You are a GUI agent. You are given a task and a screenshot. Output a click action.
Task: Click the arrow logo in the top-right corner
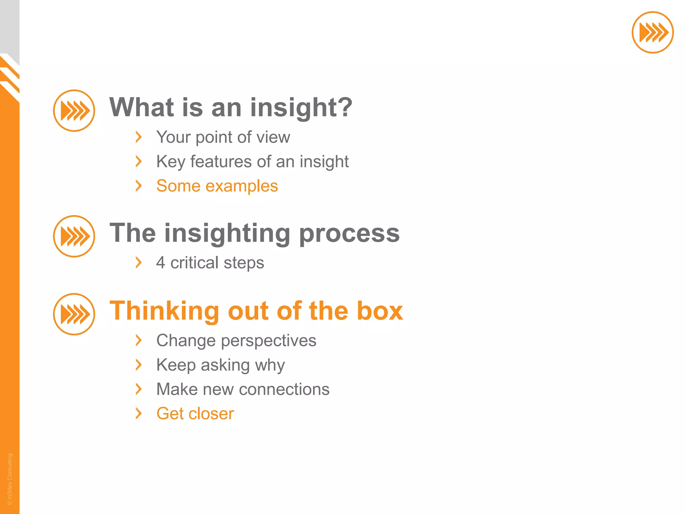coord(652,32)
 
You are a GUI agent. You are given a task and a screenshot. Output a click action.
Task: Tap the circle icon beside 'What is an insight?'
coord(74,110)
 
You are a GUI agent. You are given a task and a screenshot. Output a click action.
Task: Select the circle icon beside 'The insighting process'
coord(74,236)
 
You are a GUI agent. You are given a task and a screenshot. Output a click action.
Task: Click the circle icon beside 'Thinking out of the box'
coord(74,314)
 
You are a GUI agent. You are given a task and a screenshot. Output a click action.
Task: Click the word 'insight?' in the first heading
coord(301,108)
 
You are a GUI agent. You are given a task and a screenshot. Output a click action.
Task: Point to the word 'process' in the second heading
coord(349,234)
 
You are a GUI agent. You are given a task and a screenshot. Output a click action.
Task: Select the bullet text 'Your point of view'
coord(223,137)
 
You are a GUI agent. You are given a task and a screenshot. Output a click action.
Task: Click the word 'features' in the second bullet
coord(221,162)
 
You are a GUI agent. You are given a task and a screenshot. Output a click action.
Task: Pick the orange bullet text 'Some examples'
coord(217,186)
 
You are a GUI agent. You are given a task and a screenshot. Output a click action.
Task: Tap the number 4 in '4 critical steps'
coord(161,263)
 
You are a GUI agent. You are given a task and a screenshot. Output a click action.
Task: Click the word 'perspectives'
coord(268,341)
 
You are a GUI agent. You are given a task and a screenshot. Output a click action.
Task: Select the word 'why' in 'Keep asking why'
coord(270,365)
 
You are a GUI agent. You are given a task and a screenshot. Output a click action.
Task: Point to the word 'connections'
coord(284,390)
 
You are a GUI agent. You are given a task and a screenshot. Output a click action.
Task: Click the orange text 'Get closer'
coord(195,414)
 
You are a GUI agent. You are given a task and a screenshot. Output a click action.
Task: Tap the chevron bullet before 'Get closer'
coord(138,414)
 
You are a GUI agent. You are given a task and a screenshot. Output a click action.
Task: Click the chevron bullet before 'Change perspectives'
coord(138,341)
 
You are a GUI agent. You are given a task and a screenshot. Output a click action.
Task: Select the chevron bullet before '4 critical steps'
coord(138,263)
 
